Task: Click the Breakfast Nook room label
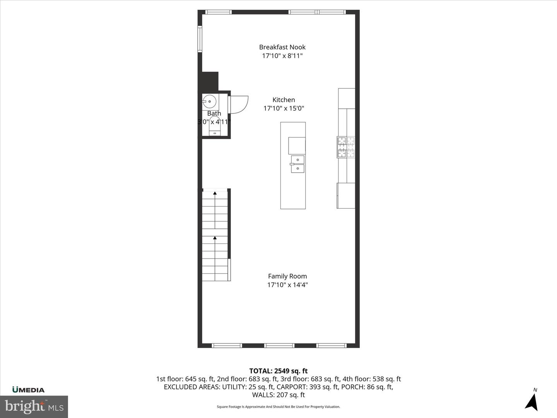(x=282, y=47)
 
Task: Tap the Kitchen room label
(x=284, y=100)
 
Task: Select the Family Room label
(x=287, y=276)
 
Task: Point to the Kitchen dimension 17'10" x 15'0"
(x=284, y=109)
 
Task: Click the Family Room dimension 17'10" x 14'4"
(x=287, y=285)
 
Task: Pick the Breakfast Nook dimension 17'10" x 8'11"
(x=282, y=56)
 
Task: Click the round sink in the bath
(x=209, y=102)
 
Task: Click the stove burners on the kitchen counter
(x=346, y=147)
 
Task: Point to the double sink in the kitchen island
(x=297, y=164)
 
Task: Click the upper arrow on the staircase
(x=215, y=192)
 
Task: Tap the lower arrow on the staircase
(x=215, y=238)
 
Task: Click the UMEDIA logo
(x=28, y=390)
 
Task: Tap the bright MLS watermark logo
(x=34, y=406)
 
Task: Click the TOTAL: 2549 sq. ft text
(x=278, y=371)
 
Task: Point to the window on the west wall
(x=200, y=39)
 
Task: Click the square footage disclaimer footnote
(x=278, y=407)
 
